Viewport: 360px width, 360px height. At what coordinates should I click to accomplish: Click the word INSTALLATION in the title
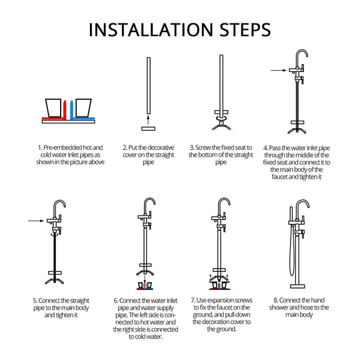(151, 29)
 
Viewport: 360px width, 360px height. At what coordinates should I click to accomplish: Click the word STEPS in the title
(245, 29)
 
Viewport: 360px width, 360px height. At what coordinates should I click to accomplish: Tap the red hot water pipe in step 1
(65, 111)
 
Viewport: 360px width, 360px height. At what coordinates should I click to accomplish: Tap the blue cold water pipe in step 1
(71, 111)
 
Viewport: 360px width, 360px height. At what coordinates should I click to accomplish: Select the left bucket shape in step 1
(53, 108)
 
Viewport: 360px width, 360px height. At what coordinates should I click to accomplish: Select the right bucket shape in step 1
(83, 108)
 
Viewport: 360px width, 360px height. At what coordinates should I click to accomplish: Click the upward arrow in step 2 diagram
(148, 120)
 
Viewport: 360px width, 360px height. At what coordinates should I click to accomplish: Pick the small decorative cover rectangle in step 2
(148, 129)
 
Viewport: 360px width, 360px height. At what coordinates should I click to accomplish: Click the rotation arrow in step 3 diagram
(221, 118)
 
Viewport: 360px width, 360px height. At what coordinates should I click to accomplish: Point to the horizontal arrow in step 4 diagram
(279, 70)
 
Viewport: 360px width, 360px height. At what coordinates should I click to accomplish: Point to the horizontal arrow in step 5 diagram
(36, 221)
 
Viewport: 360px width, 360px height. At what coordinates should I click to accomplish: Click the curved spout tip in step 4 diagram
(307, 56)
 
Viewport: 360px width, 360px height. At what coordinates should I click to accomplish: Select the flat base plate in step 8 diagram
(297, 286)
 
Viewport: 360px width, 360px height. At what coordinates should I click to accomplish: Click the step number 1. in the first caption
(40, 147)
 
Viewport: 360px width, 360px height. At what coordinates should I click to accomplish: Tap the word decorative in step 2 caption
(160, 147)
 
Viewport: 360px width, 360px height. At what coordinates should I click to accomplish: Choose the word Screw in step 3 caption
(203, 147)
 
